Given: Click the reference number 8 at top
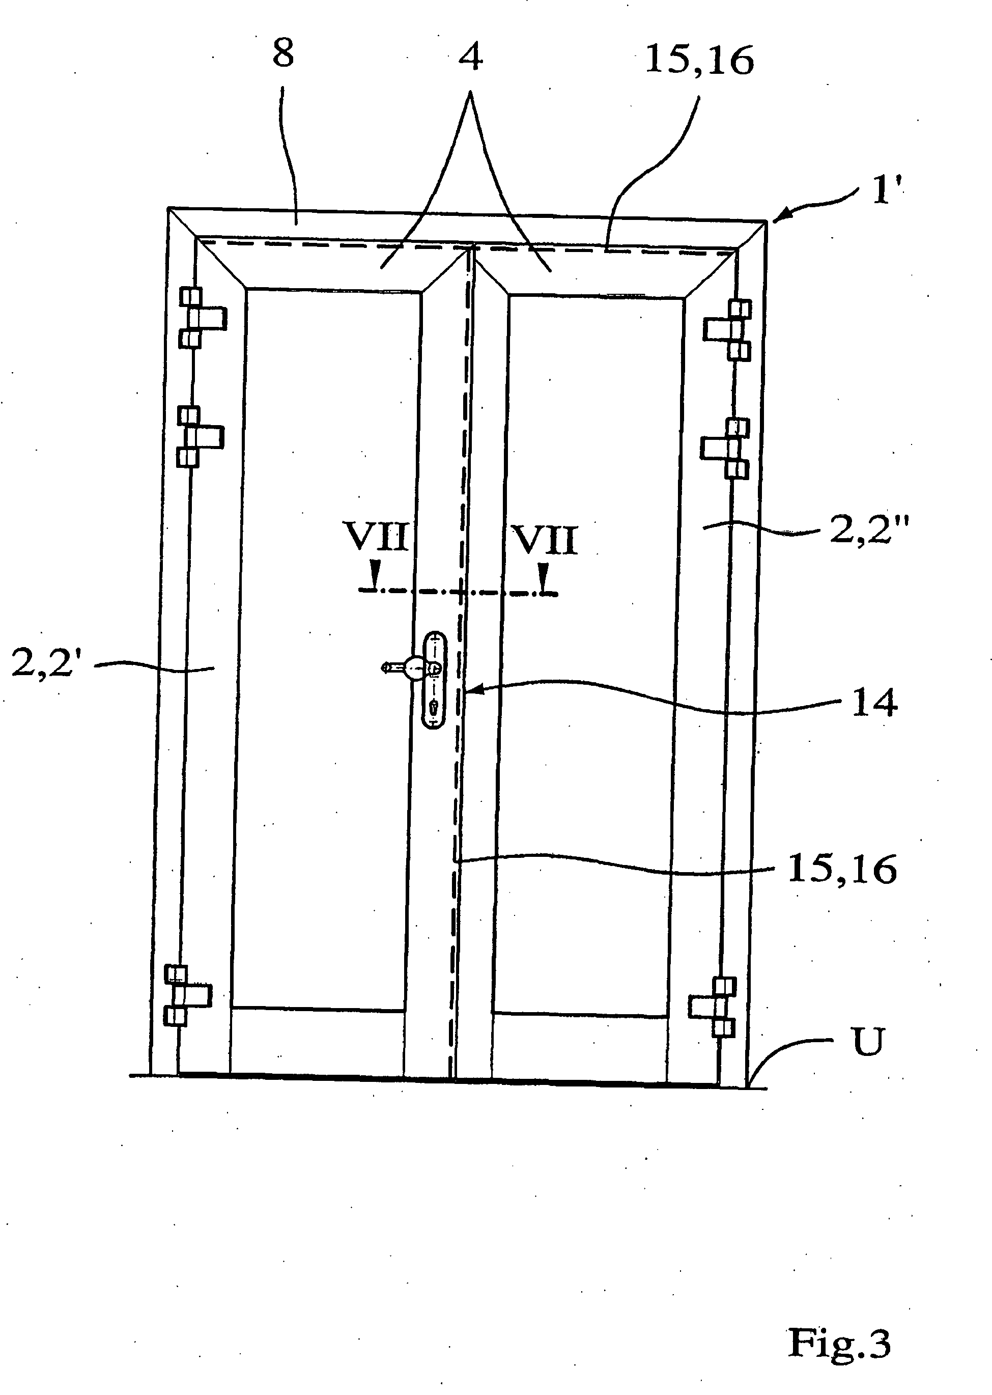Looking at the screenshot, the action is click(x=283, y=54).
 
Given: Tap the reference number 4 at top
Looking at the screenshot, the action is click(x=470, y=57).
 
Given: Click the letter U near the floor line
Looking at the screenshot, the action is click(x=868, y=1042).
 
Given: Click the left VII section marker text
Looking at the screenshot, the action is click(x=377, y=537).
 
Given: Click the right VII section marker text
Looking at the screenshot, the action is click(x=545, y=541).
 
